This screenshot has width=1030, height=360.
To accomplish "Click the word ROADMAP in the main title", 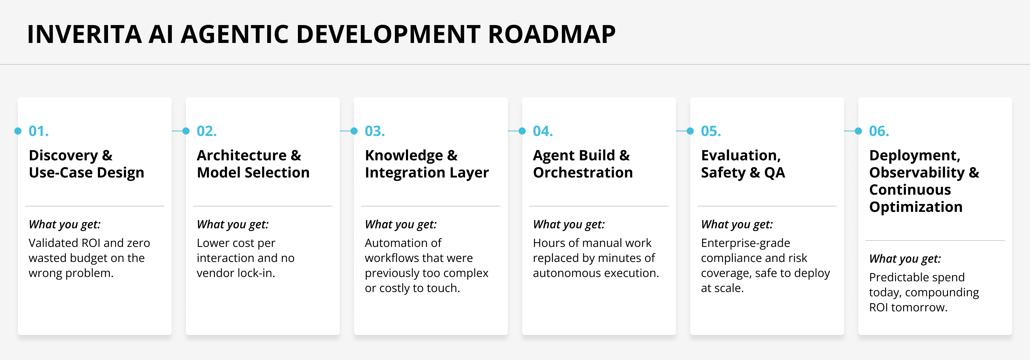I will pos(552,34).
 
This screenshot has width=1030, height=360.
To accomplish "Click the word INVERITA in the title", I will pos(84,34).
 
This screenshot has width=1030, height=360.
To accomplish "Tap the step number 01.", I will pos(39,131).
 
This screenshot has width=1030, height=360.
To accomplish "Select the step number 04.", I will pos(543,131).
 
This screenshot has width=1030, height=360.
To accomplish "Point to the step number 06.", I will pos(879,131).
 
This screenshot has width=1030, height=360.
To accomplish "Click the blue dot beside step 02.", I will pos(186,131).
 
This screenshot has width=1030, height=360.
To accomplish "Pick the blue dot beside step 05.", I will pos(690,131).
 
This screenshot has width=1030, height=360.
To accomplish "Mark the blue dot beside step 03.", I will pos(354,131).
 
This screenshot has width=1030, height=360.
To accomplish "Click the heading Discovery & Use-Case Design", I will pos(86,164).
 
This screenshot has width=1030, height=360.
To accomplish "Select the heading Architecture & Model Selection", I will pos(253,164).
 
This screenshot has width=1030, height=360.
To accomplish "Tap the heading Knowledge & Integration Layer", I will pos(426,164).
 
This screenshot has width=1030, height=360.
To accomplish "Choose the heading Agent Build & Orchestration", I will pos(583,164).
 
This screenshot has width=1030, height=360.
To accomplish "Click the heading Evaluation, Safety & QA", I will pos(742,164).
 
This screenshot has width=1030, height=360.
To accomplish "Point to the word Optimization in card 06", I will pos(916,207).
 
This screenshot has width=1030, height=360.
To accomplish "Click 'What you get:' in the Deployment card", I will pos(904,259).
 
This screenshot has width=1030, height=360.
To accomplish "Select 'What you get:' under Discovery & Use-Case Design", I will pos(64,224).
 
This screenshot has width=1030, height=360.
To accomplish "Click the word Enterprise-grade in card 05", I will pos(745,243).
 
